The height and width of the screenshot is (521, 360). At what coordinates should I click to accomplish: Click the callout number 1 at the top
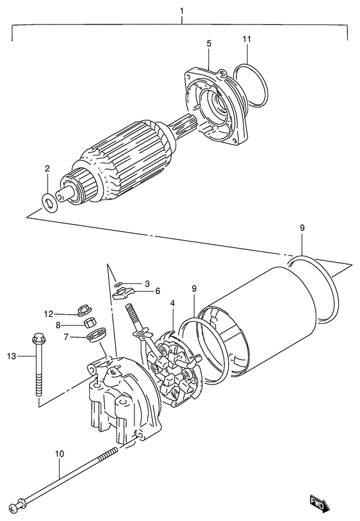click(182, 11)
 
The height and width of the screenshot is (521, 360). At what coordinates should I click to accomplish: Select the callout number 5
click(209, 43)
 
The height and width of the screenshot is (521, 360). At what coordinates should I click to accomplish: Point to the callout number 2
click(47, 168)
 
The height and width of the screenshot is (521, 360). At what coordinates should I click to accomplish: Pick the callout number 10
click(59, 454)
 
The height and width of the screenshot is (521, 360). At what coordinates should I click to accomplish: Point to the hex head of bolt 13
click(35, 337)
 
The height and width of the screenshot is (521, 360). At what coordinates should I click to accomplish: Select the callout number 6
click(157, 290)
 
